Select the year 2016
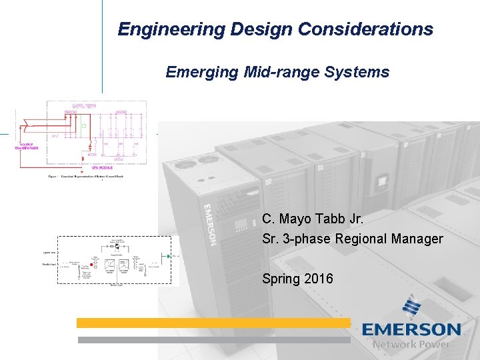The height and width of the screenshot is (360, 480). point(318,279)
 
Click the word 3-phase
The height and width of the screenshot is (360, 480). point(305,239)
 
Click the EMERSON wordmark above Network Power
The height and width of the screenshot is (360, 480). point(411,330)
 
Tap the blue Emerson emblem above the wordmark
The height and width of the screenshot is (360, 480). point(411,309)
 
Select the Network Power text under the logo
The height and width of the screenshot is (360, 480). point(411,345)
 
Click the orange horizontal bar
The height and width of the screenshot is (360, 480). point(213,323)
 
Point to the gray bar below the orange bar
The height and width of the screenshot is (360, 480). point(213,339)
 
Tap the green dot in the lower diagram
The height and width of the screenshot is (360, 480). point(169,255)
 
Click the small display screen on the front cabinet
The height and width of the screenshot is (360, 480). point(383,181)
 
